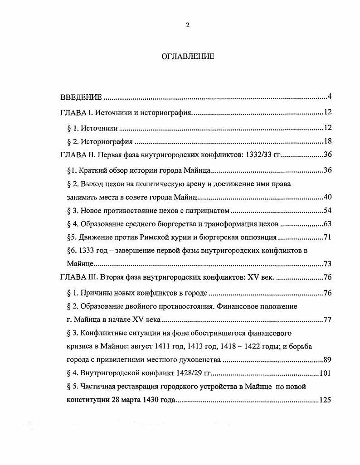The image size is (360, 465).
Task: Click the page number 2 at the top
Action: pyautogui.click(x=187, y=25)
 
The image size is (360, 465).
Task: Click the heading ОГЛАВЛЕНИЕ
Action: pyautogui.click(x=188, y=57)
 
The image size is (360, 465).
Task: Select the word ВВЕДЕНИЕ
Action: pyautogui.click(x=81, y=97)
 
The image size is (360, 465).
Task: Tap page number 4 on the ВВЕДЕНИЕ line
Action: pyautogui.click(x=331, y=97)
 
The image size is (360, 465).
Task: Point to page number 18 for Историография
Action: pyautogui.click(x=328, y=141)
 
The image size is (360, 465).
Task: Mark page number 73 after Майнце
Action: pyautogui.click(x=328, y=264)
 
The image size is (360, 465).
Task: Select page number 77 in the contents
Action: pyautogui.click(x=328, y=320)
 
